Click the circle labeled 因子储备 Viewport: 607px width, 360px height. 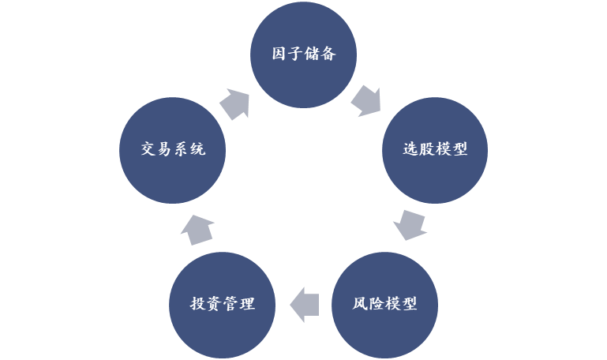[303, 54]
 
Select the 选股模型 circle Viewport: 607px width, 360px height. [435, 150]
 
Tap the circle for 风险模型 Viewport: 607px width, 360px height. [384, 305]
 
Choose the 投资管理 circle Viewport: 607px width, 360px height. [223, 305]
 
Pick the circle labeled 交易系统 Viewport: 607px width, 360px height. [172, 150]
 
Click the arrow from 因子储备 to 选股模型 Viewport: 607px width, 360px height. [366, 101]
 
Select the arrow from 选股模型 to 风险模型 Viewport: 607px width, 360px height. [410, 225]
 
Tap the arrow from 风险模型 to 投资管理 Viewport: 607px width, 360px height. [305, 305]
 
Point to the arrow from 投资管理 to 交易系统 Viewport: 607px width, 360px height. [197, 230]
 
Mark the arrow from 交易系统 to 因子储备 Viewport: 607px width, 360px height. [234, 104]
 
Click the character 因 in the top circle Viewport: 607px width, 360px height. [279, 54]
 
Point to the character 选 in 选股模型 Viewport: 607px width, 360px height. [410, 149]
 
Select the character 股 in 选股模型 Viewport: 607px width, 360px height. [426, 149]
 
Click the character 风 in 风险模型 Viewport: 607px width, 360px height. [360, 303]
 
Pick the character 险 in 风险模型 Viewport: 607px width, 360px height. [377, 303]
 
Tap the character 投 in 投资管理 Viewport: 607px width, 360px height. [197, 303]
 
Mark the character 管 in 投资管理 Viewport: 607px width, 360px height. [230, 303]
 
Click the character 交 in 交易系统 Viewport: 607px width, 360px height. [148, 149]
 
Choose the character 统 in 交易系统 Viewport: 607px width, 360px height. [197, 149]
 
